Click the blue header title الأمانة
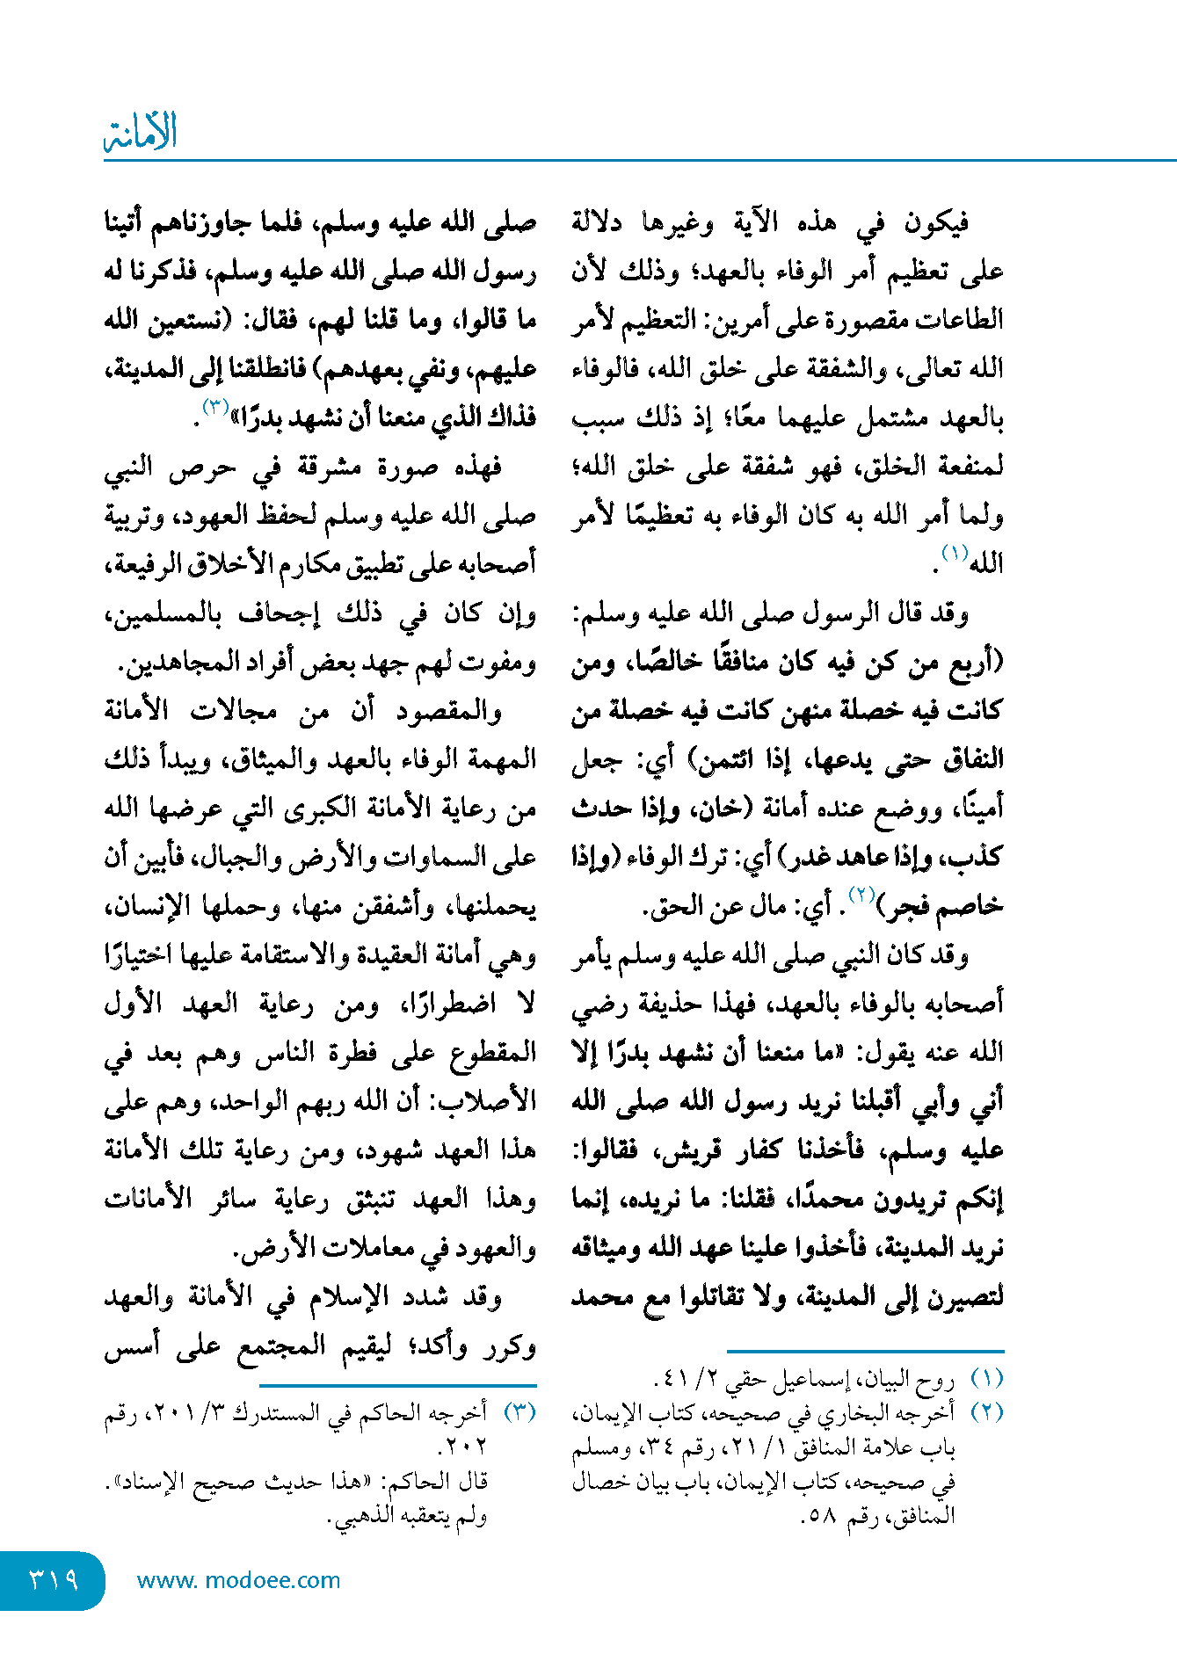pyautogui.click(x=141, y=132)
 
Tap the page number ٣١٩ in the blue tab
pyautogui.click(x=54, y=1580)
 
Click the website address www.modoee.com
pyautogui.click(x=238, y=1580)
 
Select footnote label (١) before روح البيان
pyautogui.click(x=987, y=1379)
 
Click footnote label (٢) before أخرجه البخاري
pyautogui.click(x=987, y=1412)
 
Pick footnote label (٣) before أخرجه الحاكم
pyautogui.click(x=519, y=1412)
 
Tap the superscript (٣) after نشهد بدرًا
pyautogui.click(x=215, y=407)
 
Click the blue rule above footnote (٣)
pyautogui.click(x=320, y=1386)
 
